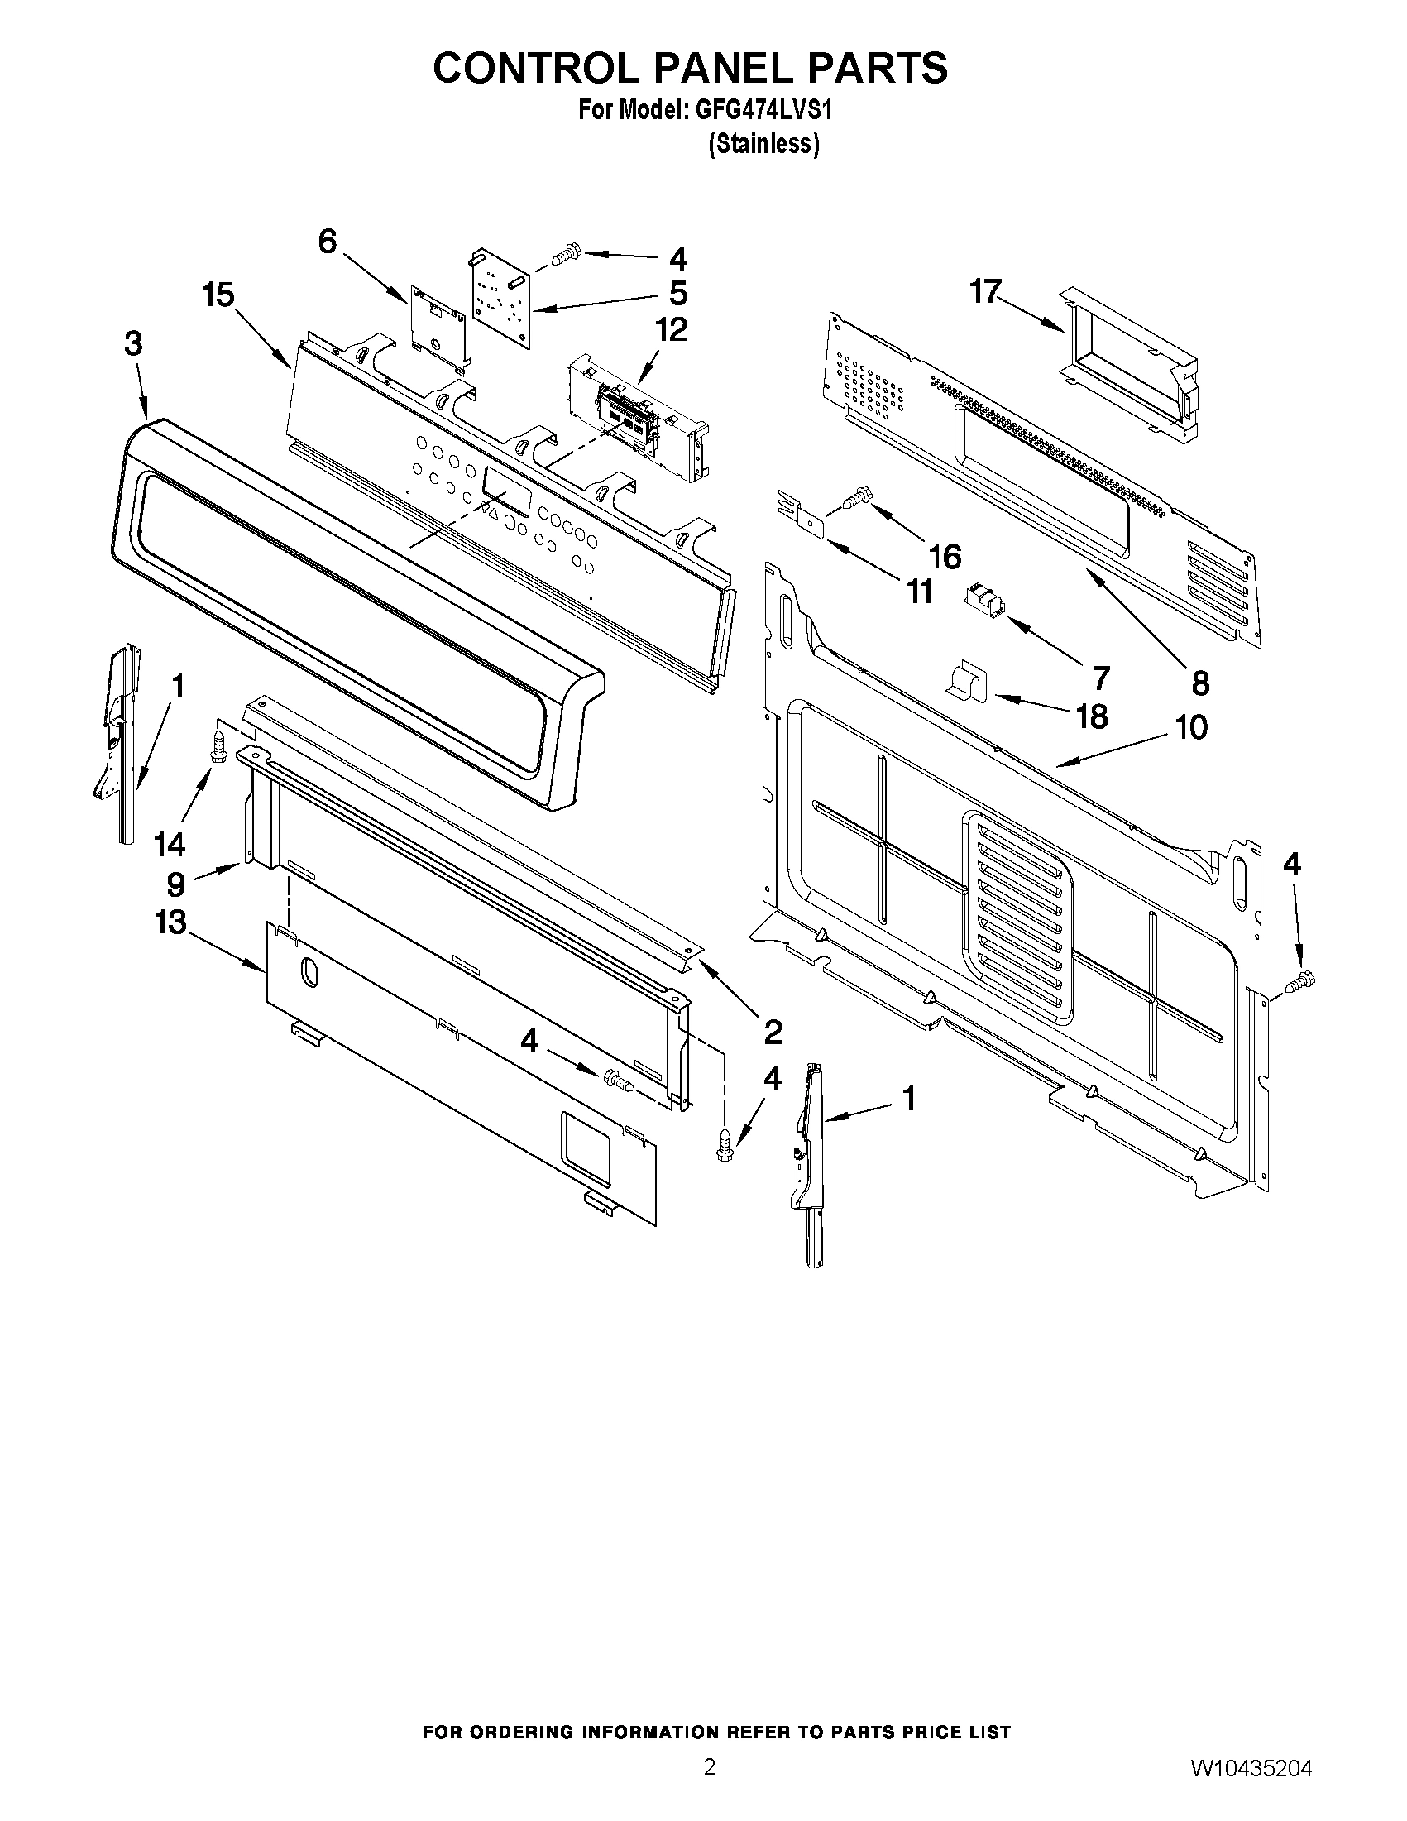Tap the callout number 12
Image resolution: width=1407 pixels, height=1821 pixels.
671,330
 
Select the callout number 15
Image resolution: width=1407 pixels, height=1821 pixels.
218,295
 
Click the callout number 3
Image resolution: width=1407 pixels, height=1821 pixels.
133,344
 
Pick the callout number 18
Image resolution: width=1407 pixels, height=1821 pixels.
1092,716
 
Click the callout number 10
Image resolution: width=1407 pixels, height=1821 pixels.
1191,727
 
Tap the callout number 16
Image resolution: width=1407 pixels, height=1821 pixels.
945,556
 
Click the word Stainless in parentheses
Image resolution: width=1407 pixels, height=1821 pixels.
763,144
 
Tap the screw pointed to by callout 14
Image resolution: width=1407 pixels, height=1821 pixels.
220,745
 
